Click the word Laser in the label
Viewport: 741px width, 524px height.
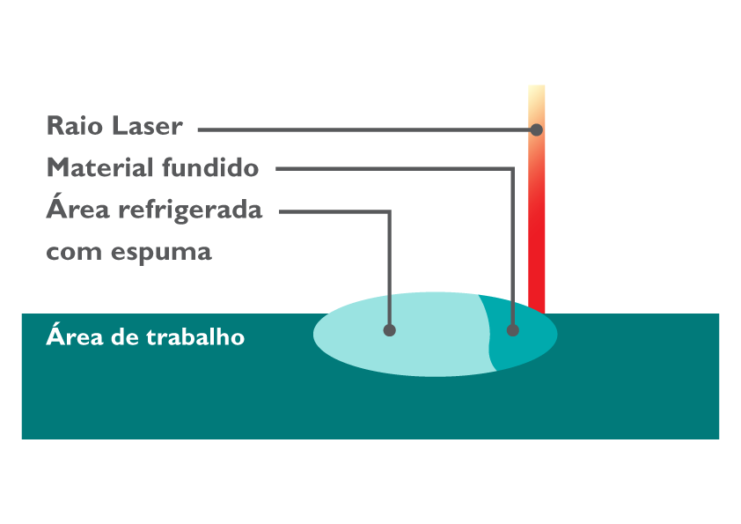pyautogui.click(x=148, y=126)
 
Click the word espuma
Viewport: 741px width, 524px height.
pyautogui.click(x=162, y=253)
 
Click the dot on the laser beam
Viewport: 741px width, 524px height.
pyautogui.click(x=536, y=129)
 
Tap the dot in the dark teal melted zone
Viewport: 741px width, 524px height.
pyautogui.click(x=513, y=330)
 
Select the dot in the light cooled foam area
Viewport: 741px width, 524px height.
pyautogui.click(x=390, y=330)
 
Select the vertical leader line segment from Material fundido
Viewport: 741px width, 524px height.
pyautogui.click(x=513, y=247)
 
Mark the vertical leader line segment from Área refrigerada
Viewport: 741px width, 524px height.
pyautogui.click(x=390, y=264)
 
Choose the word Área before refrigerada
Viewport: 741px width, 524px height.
pyautogui.click(x=73, y=210)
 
